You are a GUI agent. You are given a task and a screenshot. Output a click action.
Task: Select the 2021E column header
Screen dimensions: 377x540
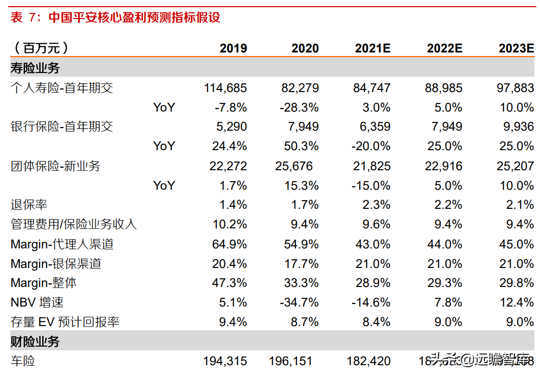(x=373, y=48)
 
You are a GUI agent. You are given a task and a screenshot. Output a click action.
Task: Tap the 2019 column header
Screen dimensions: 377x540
(x=233, y=48)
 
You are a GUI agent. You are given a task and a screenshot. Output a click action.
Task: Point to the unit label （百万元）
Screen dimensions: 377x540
(x=39, y=48)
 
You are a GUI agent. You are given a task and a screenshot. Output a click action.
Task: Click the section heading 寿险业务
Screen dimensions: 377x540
(x=35, y=68)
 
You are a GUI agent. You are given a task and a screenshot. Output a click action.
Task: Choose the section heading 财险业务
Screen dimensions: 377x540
(x=35, y=342)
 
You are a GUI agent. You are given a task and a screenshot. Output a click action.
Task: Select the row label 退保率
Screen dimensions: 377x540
(x=29, y=205)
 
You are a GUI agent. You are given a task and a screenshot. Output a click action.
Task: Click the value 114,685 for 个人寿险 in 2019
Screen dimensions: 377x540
(x=225, y=88)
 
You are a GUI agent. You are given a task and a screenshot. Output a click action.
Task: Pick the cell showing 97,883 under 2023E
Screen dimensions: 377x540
(x=515, y=88)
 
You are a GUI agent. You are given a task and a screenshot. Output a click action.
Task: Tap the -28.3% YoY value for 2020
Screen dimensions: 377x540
(x=299, y=107)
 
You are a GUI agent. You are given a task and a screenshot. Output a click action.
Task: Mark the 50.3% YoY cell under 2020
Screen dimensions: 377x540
(x=301, y=146)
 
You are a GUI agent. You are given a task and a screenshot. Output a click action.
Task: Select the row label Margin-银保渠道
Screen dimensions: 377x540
(x=56, y=264)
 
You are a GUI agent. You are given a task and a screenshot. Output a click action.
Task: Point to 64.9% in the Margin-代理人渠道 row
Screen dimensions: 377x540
(x=229, y=244)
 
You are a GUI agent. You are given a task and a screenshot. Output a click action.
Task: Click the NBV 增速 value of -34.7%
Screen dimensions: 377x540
(x=299, y=302)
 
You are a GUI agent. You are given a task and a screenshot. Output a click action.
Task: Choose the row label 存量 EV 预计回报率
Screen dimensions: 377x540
(x=65, y=322)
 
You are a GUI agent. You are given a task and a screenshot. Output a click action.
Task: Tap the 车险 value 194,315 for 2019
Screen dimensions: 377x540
(x=225, y=361)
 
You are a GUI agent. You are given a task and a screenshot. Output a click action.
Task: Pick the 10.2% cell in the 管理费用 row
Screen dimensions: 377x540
(x=229, y=224)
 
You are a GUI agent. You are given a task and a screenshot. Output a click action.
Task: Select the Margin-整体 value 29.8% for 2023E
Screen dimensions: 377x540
(x=517, y=283)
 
